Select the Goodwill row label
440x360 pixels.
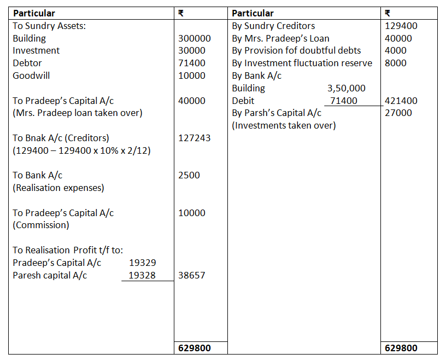point(31,76)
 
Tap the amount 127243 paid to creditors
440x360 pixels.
point(194,138)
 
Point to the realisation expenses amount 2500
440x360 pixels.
point(189,175)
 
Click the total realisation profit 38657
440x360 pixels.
point(192,275)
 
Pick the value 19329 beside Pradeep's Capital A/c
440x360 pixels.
point(142,263)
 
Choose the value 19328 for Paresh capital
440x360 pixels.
point(142,275)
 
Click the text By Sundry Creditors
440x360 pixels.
point(273,26)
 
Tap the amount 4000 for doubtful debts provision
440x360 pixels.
point(396,50)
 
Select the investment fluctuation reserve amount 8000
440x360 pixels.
point(396,63)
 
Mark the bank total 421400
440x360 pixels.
point(401,101)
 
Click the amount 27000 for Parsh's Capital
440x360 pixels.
point(398,113)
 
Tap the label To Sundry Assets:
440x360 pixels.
point(46,26)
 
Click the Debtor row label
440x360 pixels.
point(27,63)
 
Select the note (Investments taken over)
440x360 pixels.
point(284,125)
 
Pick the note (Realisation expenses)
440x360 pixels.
point(58,188)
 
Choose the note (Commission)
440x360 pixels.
point(41,225)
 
